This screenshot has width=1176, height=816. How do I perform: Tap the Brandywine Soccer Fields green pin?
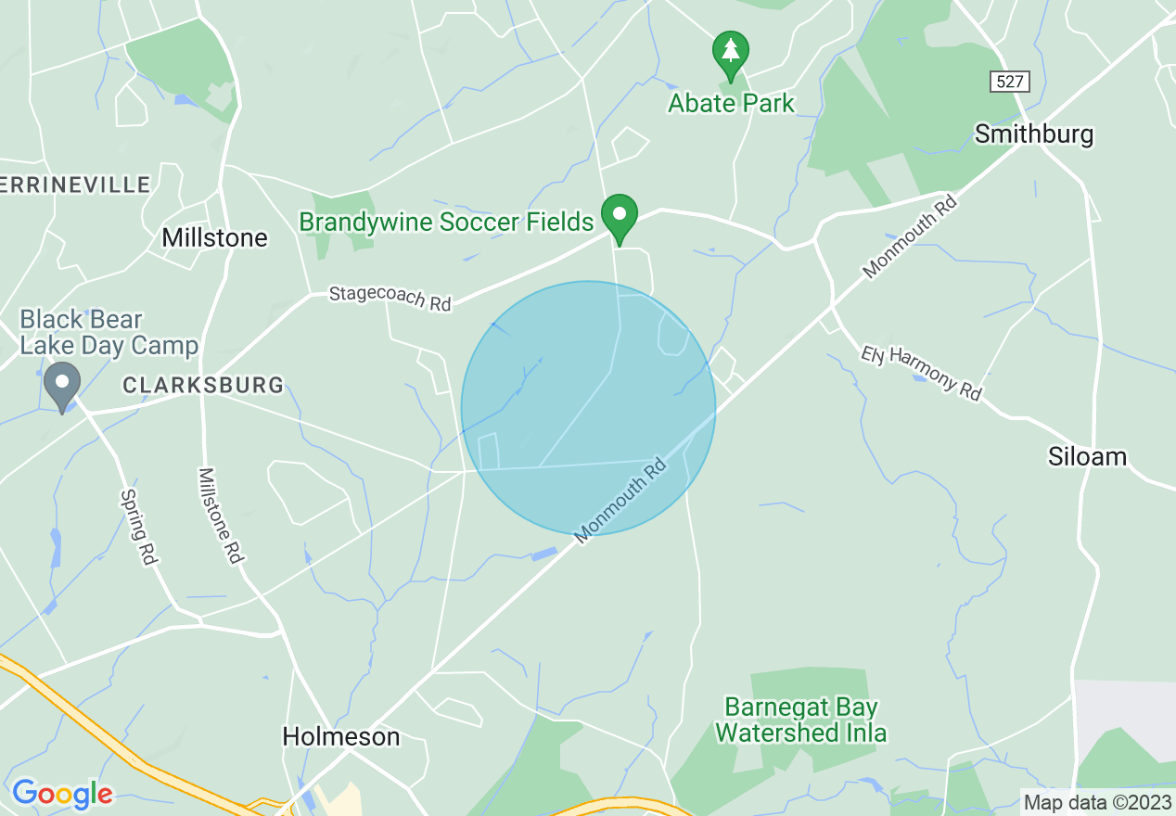619,216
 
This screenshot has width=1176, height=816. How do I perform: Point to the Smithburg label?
1033,134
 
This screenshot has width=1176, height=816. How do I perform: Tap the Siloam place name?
1087,456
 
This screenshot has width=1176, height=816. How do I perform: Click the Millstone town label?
214,238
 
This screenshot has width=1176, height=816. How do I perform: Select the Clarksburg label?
202,385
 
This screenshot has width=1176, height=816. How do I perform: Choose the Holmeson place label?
340,737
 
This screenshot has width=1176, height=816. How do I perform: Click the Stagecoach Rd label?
390,298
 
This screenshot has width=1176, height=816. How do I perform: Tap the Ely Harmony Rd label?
920,373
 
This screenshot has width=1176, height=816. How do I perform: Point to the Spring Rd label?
138,527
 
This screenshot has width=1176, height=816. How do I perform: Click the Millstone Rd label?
220,515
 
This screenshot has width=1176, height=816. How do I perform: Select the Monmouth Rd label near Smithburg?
909,236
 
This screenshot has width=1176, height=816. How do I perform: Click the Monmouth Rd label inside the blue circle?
620,500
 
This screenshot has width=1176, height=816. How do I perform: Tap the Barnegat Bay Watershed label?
800,720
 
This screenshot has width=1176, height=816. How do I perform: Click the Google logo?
62,794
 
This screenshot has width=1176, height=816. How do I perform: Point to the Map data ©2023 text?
1094,802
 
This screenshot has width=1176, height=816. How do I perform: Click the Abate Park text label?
731,102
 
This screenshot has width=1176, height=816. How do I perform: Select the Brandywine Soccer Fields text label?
445,222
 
